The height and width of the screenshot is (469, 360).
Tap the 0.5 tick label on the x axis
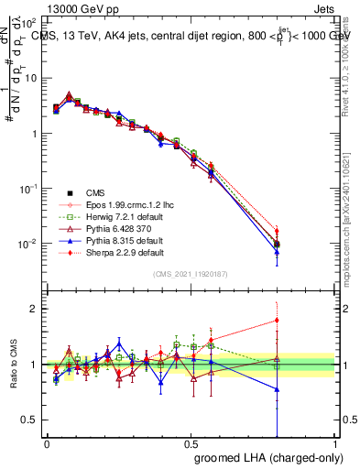[191, 443]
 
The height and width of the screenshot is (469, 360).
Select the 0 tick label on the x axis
[47, 443]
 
